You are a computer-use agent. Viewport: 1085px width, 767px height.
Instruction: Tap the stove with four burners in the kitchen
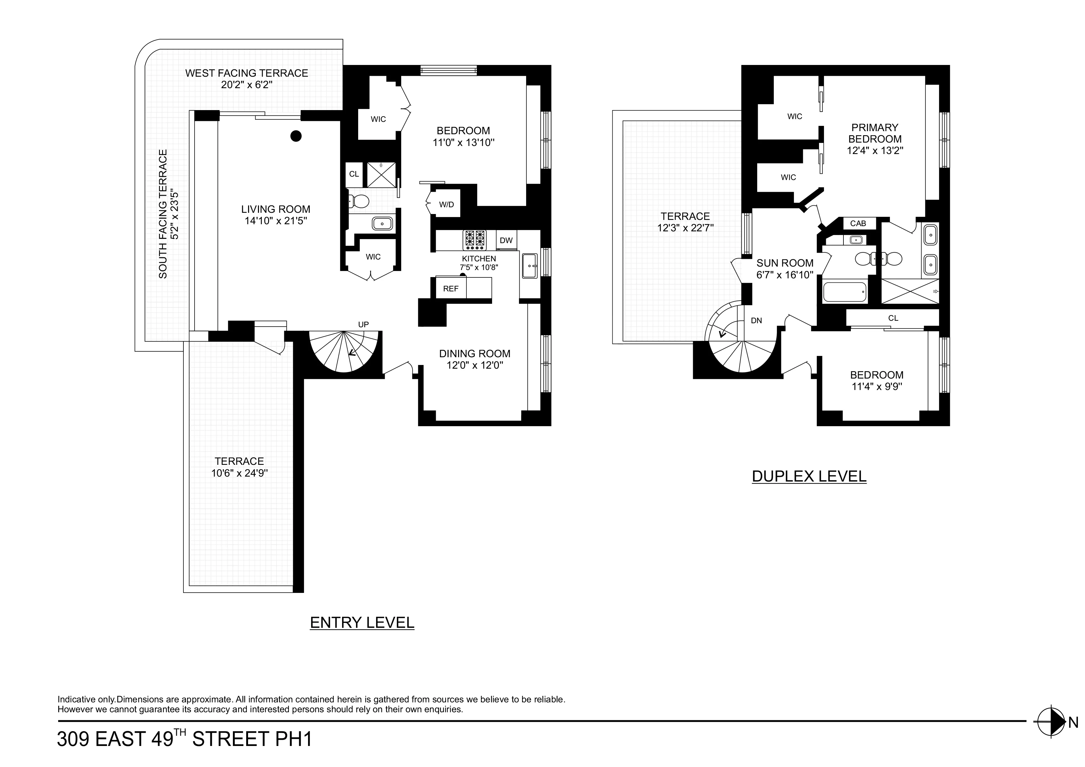coord(474,240)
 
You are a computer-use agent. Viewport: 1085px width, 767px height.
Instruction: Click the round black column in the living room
coord(296,136)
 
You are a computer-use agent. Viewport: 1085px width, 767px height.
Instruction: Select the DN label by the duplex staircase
coord(756,320)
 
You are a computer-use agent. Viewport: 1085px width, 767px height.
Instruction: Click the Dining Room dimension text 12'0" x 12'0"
coord(474,365)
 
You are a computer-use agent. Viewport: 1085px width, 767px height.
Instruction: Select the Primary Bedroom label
coord(874,133)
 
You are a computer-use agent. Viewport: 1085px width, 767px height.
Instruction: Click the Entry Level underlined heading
coord(362,623)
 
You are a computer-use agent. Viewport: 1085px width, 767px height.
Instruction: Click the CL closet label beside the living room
coord(354,174)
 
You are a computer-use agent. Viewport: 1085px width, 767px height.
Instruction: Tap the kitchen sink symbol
coord(529,266)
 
